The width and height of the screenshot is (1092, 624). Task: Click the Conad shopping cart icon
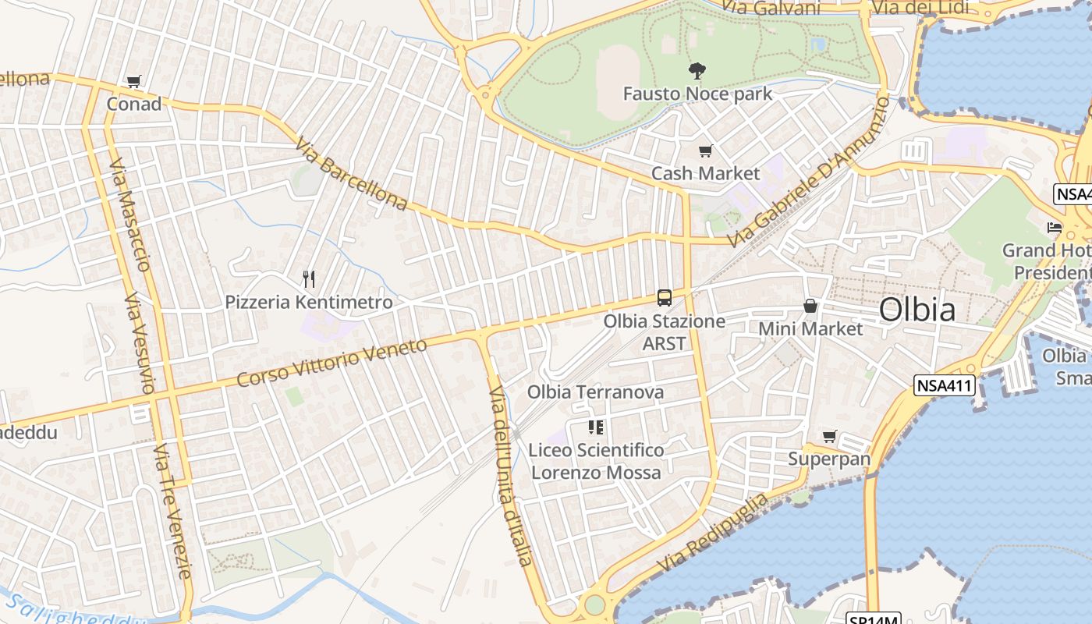click(134, 82)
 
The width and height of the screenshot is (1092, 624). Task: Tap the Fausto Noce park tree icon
click(697, 71)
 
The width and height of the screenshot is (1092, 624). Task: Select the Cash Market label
click(705, 173)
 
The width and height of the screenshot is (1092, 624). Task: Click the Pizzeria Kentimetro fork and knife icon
click(309, 279)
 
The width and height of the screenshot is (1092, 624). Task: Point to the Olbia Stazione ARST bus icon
click(665, 298)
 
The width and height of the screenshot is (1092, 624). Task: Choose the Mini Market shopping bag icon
click(810, 306)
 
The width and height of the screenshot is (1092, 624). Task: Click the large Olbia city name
click(916, 310)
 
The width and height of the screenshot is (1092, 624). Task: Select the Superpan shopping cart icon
click(829, 437)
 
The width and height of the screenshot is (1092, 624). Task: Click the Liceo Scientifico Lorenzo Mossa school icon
click(596, 427)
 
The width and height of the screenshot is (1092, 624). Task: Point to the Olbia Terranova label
click(596, 392)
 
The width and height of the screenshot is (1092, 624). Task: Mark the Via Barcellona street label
click(351, 175)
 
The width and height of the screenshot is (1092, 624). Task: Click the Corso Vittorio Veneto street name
click(332, 362)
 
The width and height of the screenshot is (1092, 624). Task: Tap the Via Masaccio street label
click(129, 214)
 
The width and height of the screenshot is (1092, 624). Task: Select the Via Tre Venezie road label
click(173, 511)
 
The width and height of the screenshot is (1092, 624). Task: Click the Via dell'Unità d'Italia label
click(511, 474)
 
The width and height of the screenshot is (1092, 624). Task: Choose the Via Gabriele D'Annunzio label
click(808, 170)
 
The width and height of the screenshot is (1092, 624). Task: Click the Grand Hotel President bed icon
click(1055, 228)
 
